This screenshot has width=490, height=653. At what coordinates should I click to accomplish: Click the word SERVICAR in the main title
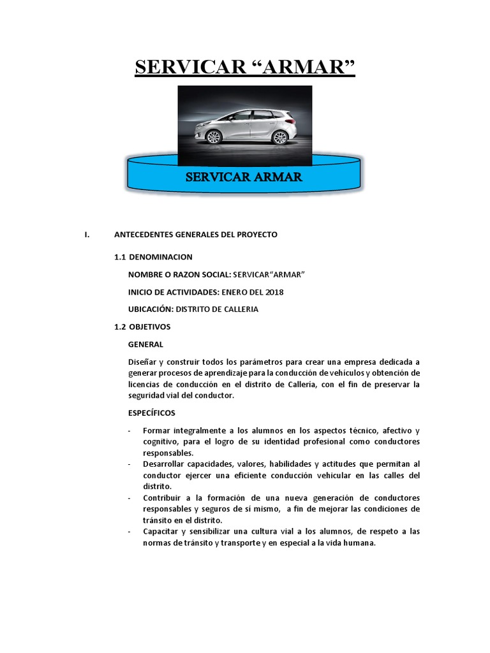(191, 66)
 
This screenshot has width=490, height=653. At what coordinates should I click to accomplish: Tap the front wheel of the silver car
(214, 137)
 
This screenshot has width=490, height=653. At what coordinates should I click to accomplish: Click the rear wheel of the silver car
(279, 137)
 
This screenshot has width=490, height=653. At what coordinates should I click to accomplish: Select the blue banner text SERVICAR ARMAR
(244, 177)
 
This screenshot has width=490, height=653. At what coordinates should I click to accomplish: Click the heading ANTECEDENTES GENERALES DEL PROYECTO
(196, 235)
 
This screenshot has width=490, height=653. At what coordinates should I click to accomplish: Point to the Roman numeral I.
(86, 235)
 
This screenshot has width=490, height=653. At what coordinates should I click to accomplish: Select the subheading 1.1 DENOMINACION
(153, 257)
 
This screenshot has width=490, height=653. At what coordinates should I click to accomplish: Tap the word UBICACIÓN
(151, 309)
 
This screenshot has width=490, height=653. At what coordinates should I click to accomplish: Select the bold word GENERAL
(145, 344)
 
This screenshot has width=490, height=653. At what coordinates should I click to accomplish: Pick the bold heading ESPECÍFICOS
(151, 413)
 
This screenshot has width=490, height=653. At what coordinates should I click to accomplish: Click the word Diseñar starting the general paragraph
(142, 362)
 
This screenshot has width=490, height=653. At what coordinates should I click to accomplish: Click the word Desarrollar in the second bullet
(165, 464)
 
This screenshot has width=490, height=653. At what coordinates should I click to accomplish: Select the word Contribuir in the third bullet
(163, 497)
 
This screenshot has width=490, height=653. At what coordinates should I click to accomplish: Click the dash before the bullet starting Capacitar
(130, 531)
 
